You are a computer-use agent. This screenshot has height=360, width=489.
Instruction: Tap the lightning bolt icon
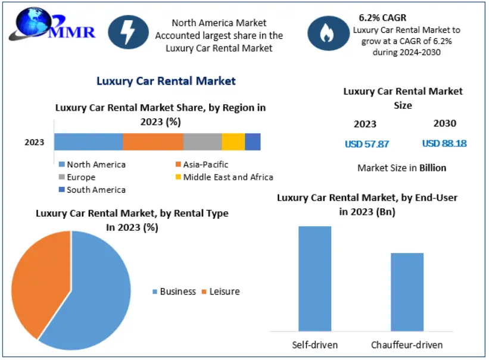click(127, 35)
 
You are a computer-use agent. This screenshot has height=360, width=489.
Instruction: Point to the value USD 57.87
click(367, 144)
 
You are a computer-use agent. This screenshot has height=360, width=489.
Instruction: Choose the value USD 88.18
click(444, 143)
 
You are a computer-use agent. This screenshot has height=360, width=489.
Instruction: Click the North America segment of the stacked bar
click(88, 142)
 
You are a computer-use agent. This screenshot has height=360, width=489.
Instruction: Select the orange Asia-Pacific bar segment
click(153, 142)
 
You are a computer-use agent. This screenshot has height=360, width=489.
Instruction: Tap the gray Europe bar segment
click(203, 142)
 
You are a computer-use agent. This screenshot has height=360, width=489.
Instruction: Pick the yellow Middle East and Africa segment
click(233, 142)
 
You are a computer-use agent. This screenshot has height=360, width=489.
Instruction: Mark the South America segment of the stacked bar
click(253, 142)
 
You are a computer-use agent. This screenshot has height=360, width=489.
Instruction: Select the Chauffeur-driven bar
click(407, 292)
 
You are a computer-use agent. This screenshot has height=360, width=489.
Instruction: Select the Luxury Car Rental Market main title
click(166, 81)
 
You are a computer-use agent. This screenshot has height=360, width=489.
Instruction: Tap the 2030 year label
click(445, 124)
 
